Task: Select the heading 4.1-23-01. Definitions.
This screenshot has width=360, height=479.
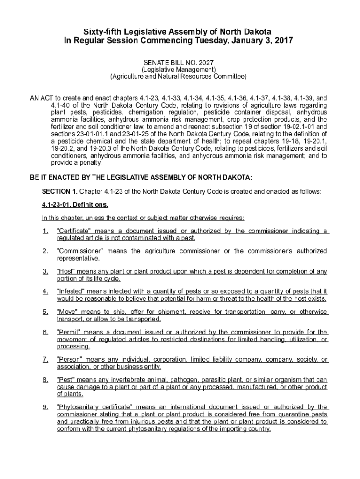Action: click(75, 205)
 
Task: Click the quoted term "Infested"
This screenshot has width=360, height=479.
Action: click(71, 292)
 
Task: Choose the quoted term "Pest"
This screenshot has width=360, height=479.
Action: click(66, 380)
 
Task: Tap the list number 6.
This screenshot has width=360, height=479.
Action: click(45, 333)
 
